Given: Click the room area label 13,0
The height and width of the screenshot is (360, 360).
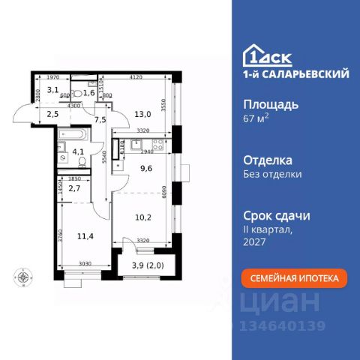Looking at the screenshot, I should pos(142,115).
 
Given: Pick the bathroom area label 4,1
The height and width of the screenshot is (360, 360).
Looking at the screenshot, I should pos(77,158).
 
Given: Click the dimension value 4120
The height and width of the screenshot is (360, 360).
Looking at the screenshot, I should pos(136,76).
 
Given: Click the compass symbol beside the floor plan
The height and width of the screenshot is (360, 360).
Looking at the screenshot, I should pos(25,277).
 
